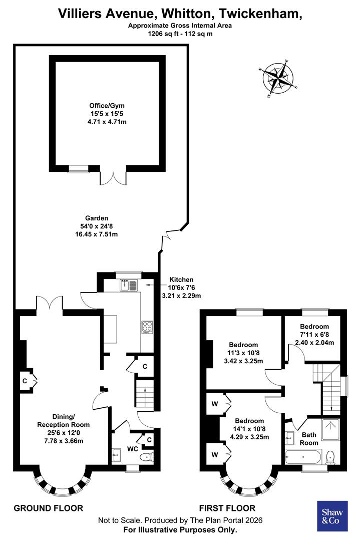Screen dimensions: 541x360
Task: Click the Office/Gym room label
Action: tap(107, 106)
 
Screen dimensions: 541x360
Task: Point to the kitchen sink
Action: tap(129, 286)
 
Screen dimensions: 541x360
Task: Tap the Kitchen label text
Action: tap(181, 280)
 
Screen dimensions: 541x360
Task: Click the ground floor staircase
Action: tap(144, 393)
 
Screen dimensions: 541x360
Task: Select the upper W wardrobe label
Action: tap(214, 403)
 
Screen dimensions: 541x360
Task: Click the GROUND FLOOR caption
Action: tap(48, 508)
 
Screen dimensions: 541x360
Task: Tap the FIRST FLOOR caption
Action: tap(227, 508)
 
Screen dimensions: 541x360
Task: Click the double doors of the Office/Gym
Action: tap(114, 177)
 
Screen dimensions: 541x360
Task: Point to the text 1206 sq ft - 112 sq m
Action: tap(180, 34)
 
